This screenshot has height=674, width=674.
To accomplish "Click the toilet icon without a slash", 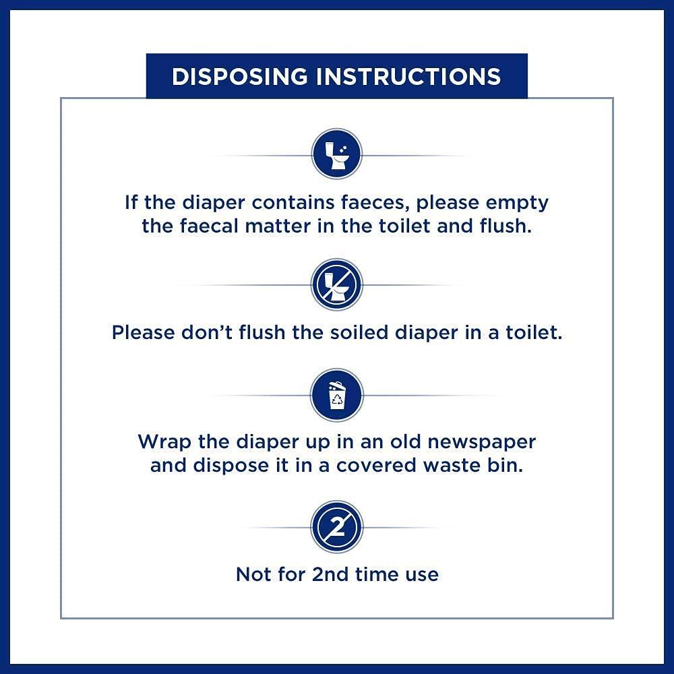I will (x=336, y=154).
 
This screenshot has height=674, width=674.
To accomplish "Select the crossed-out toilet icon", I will (x=336, y=285).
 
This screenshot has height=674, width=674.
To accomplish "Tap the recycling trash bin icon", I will (x=336, y=395).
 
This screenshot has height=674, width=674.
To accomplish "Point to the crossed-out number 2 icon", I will (x=336, y=527).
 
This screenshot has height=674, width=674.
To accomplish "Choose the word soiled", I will (x=325, y=332).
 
